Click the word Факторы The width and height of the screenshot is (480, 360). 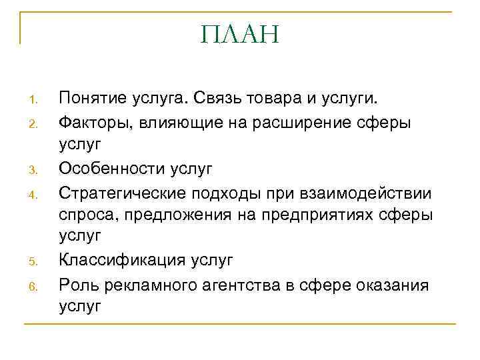[91, 123]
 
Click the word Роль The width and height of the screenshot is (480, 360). [77, 283]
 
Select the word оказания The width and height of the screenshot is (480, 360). [395, 283]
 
